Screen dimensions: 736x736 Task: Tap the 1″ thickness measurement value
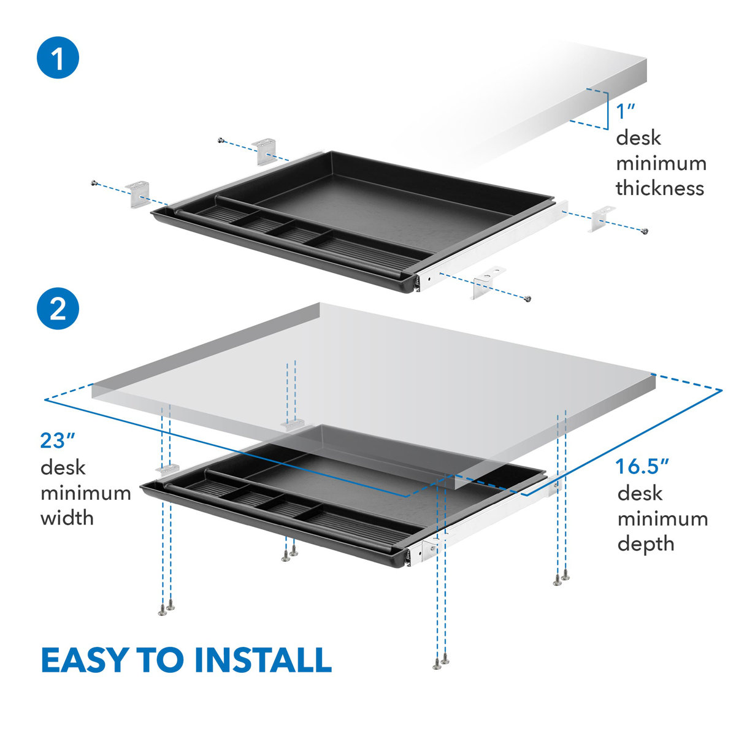coord(626,112)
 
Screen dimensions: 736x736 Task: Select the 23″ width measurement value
coord(58,440)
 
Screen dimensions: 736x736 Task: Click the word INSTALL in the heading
coord(263,660)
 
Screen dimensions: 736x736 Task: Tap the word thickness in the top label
coord(660,188)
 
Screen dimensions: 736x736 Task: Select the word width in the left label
coord(67,518)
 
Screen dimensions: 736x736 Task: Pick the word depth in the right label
coord(646,543)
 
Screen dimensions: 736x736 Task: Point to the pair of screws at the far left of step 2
coord(166,609)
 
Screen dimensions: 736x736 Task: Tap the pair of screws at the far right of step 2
coord(561,578)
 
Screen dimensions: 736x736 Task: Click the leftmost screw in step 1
coord(93,182)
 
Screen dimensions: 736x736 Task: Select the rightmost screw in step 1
coord(644,231)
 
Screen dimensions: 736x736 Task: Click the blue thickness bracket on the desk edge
coord(604,110)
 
